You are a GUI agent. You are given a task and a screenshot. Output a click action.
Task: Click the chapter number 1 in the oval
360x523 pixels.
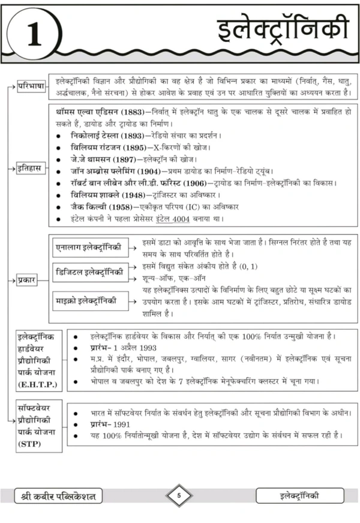pyautogui.click(x=35, y=34)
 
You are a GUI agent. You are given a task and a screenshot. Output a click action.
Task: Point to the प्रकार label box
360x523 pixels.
pyautogui.click(x=27, y=279)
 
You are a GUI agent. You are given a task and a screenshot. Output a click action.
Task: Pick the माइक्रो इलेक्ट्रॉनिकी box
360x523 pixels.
pyautogui.click(x=88, y=300)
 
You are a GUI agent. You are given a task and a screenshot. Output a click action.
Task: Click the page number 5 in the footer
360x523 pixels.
pyautogui.click(x=179, y=495)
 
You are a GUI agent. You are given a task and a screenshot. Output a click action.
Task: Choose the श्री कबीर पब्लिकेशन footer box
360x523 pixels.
pyautogui.click(x=59, y=495)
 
